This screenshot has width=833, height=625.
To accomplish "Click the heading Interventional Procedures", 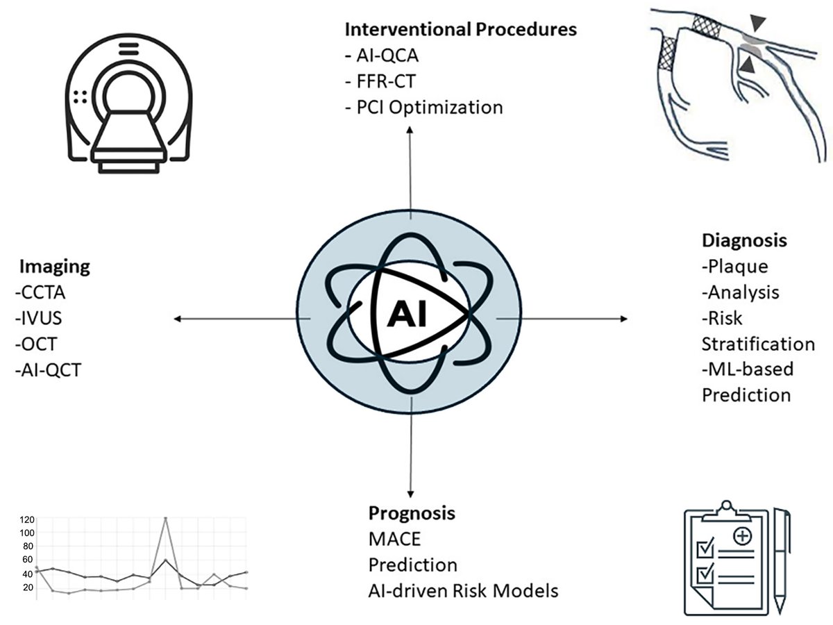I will [x=461, y=30].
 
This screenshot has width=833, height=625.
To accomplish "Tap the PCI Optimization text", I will [x=423, y=108].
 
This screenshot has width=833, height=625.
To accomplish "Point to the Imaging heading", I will [x=54, y=266].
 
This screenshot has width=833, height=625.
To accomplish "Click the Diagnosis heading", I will [x=744, y=240].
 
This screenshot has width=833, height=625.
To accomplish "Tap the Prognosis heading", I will [x=412, y=513].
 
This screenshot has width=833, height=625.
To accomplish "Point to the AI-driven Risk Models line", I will [x=463, y=591].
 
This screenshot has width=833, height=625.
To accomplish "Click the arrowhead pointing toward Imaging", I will [x=178, y=319].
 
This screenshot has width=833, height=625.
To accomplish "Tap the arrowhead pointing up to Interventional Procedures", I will [x=410, y=131].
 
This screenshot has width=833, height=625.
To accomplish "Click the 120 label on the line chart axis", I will [x=26, y=519].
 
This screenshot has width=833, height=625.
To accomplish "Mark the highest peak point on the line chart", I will [x=165, y=518].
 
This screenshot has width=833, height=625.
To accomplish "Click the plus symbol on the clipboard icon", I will [x=742, y=536].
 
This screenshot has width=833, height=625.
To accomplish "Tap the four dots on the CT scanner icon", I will [x=80, y=97].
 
